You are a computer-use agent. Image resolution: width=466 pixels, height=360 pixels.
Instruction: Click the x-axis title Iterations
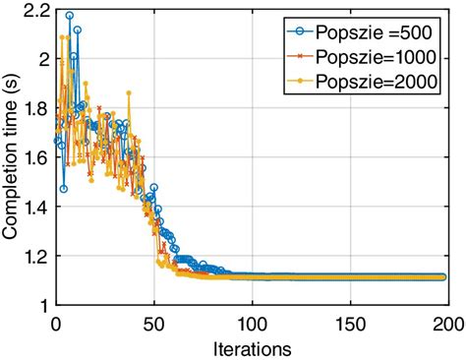252,347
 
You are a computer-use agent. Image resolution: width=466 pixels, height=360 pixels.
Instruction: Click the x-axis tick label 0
55,323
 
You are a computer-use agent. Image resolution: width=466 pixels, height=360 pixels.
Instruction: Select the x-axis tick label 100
252,323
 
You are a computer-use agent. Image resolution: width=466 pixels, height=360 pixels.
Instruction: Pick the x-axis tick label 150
350,323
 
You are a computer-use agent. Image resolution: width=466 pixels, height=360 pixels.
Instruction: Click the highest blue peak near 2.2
69,16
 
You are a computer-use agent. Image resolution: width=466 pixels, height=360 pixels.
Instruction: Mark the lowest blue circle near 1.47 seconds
63,189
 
